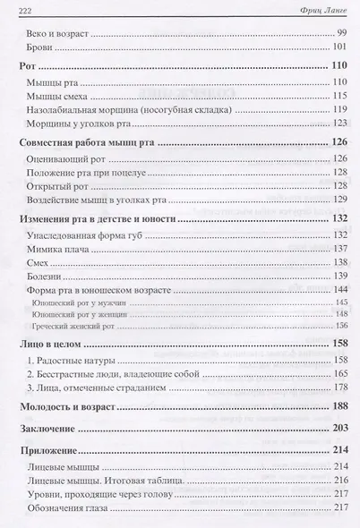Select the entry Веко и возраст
58,31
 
